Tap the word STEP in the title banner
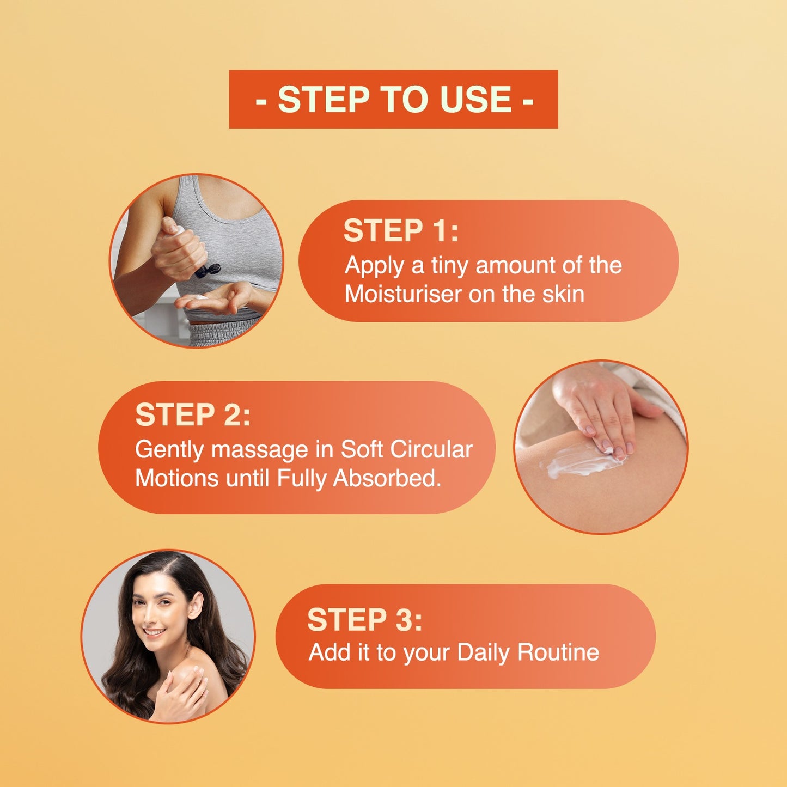point(324,99)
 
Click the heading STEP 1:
point(401,231)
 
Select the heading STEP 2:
point(192,415)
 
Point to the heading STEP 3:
point(365,620)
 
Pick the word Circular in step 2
point(431,450)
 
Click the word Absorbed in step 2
point(387,478)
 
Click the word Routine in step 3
point(558,652)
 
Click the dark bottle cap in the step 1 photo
point(208,270)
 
